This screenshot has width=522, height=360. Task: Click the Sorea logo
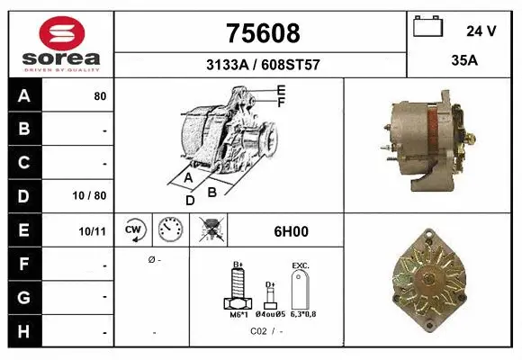pos(61,42)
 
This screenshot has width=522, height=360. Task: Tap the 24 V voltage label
pos(481,31)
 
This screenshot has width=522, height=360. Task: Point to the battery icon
pos(429,28)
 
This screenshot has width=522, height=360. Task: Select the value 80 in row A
pos(99,96)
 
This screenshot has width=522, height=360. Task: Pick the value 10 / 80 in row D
pos(93,195)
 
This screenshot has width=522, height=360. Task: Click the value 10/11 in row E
pos(93,230)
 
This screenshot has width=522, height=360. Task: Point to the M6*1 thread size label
pos(238,316)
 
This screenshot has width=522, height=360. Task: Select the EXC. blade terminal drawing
pos(301,291)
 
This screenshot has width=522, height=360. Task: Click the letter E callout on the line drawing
pos(281,90)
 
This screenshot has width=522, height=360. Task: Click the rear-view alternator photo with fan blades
pos(434,279)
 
